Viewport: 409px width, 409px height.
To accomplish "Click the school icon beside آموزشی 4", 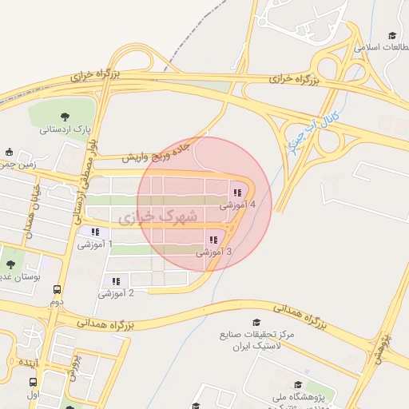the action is coord(237,193).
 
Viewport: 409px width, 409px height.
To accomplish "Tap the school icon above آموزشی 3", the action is coord(212,240).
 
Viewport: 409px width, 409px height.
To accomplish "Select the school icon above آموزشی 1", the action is coord(95,232).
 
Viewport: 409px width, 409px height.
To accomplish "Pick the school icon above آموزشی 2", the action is coord(116,281).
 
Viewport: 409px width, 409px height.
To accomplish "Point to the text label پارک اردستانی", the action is coord(62,129).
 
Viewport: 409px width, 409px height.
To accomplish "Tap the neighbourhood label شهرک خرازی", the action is coord(157,216).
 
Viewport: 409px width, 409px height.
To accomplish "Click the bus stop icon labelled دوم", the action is coord(57,290).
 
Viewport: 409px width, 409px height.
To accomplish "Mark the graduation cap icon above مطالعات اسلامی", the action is coord(391,36).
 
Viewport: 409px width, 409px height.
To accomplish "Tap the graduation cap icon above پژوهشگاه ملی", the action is coord(298,386).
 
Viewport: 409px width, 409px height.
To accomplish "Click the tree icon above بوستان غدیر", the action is coord(11,264).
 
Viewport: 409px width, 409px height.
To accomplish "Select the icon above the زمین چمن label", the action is coord(10,152).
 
